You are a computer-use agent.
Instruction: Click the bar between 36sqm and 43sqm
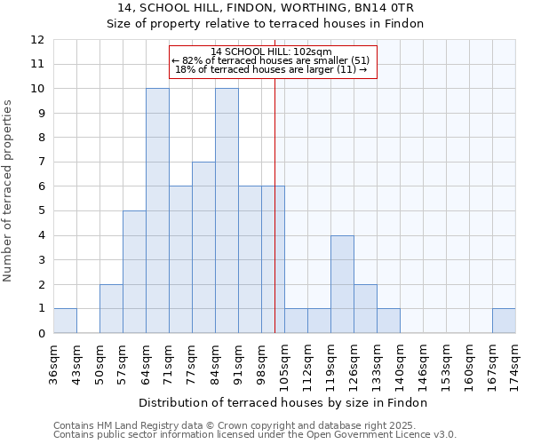tap(65, 321)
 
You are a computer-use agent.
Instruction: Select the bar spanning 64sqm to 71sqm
tap(157, 210)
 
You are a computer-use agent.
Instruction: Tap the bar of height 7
tap(203, 247)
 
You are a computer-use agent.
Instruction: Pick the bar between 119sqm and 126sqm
tap(342, 284)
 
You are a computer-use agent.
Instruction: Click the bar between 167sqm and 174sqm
tap(504, 321)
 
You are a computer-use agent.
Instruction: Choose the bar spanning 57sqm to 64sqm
tap(134, 272)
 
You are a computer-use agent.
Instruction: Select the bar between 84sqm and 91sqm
tap(227, 210)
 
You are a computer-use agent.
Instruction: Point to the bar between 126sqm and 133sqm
tap(365, 308)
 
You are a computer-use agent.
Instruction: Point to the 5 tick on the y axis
tap(41, 211)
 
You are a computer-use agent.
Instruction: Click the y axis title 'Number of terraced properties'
tap(8, 190)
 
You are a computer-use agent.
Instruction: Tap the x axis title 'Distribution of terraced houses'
tap(284, 402)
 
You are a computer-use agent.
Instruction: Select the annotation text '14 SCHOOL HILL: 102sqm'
tap(272, 52)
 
